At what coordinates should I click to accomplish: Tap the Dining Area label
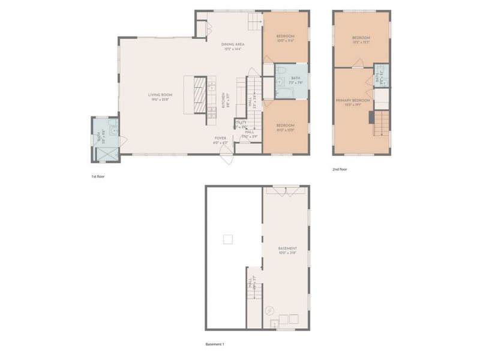click(232, 44)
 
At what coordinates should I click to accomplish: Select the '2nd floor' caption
click(340, 169)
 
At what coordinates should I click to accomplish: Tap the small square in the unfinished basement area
click(227, 239)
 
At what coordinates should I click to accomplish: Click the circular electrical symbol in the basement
click(270, 311)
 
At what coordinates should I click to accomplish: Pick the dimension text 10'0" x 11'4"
click(286, 41)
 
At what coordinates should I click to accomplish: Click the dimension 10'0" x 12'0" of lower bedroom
click(286, 130)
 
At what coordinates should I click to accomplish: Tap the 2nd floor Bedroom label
click(362, 38)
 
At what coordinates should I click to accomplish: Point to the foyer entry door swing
click(227, 157)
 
